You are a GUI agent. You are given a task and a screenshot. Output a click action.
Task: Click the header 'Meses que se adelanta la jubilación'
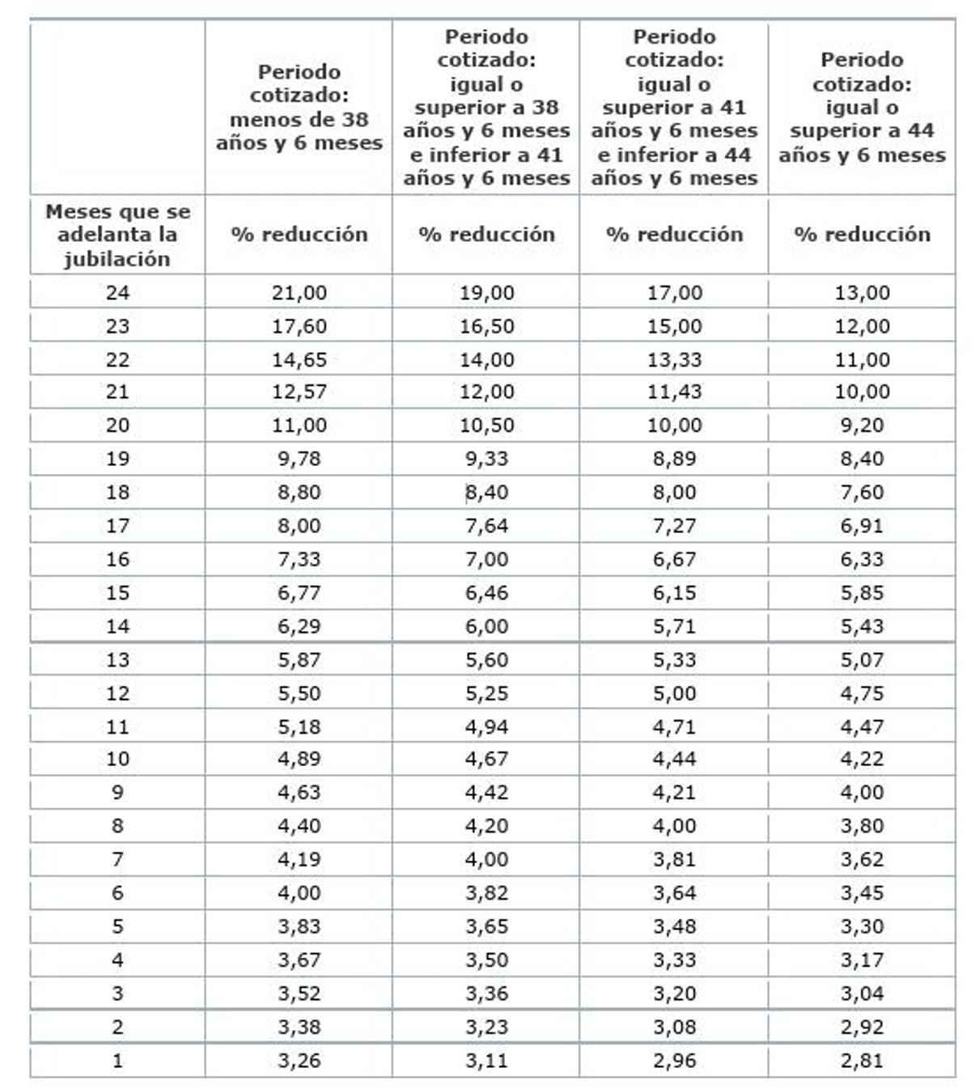tap(117, 235)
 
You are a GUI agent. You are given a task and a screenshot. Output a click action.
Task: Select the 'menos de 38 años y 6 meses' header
tap(299, 108)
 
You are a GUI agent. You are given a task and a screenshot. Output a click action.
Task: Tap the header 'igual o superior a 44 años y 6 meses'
tap(862, 108)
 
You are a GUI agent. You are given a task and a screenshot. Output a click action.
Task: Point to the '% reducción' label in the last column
tap(862, 235)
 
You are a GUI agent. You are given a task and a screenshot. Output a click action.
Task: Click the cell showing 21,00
tap(299, 293)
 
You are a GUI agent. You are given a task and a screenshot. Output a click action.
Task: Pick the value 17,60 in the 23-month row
tap(299, 326)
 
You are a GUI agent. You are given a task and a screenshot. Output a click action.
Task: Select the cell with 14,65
tap(299, 360)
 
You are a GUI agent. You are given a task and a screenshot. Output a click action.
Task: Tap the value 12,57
tap(299, 392)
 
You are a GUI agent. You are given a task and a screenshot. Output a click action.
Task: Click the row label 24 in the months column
tap(117, 293)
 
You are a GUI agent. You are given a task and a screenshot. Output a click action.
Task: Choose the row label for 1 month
tap(117, 1061)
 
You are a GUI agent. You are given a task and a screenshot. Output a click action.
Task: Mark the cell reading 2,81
tap(862, 1061)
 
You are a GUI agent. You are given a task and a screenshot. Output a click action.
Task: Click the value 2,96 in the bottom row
tap(674, 1061)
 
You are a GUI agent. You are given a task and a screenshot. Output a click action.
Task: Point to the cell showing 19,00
tap(486, 293)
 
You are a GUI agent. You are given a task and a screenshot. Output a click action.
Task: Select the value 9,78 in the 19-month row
tap(299, 459)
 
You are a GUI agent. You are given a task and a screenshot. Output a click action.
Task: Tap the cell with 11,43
tap(674, 392)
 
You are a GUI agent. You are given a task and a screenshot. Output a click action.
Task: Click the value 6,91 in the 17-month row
tap(862, 526)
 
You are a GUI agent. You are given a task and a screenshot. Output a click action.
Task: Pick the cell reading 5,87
tap(299, 660)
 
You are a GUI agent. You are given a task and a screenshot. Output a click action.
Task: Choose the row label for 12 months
tap(117, 693)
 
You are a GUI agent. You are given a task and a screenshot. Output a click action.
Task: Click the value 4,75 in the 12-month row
tap(862, 693)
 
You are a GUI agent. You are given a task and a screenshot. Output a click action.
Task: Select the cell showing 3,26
tap(299, 1061)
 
